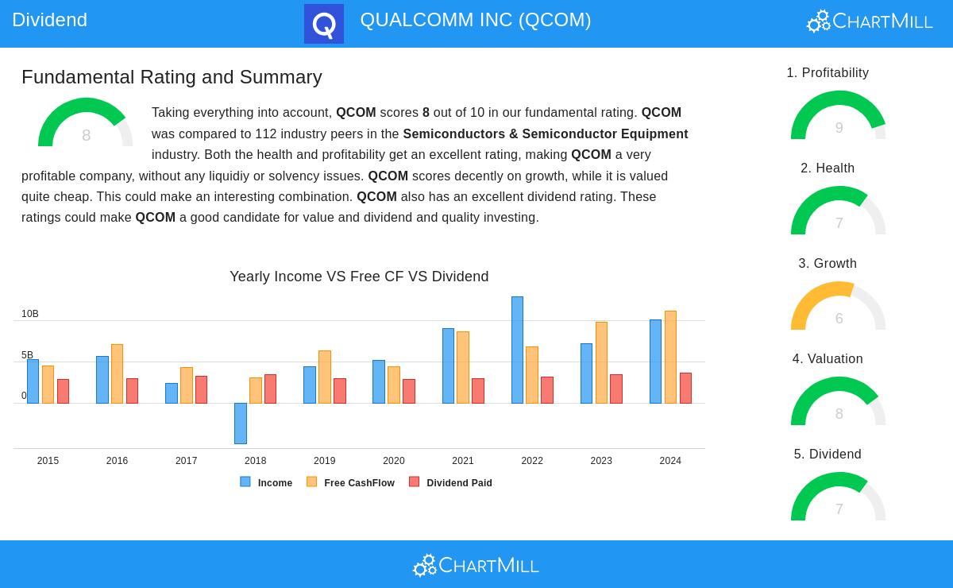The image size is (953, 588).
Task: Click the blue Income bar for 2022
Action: coord(517,350)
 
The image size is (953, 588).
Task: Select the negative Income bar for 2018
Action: coord(240,423)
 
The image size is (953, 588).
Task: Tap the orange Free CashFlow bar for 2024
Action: coord(670,357)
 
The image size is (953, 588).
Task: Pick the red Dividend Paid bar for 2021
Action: coord(477,391)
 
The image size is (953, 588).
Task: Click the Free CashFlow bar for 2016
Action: coord(117,373)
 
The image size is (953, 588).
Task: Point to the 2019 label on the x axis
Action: coord(324,461)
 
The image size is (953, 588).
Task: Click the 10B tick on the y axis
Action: coord(30,315)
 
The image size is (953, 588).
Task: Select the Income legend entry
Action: coord(267,482)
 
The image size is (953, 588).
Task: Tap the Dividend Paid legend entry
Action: coord(451,482)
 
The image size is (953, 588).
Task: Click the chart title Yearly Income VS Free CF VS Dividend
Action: coord(359,277)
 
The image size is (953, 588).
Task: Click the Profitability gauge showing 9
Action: coord(839,118)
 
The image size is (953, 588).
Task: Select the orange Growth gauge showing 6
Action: coord(839,308)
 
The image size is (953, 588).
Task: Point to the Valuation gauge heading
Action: coord(828,359)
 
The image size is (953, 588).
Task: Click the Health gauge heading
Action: coord(828,168)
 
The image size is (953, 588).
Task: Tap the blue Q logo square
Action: coord(324,24)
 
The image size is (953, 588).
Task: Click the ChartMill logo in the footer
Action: coord(476,565)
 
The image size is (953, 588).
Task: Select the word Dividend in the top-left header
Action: coord(49,20)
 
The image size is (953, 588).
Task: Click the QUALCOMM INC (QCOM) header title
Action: coord(476,20)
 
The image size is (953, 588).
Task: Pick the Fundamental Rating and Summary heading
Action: coord(172,77)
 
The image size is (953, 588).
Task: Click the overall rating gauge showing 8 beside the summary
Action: coord(86,125)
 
